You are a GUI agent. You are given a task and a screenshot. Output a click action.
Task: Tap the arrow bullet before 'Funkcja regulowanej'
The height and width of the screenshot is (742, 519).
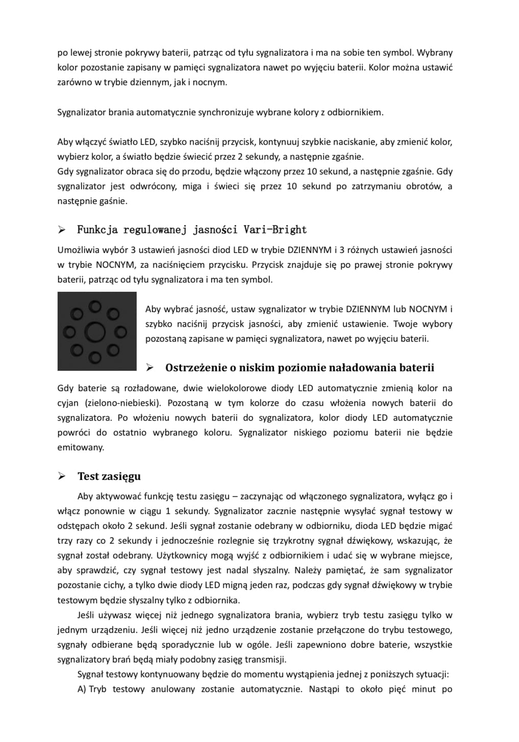[x=62, y=230]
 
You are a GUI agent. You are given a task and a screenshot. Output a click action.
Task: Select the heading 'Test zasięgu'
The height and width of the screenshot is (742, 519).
[x=109, y=476]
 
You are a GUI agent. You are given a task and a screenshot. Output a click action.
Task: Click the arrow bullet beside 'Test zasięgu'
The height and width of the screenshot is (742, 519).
[x=62, y=476]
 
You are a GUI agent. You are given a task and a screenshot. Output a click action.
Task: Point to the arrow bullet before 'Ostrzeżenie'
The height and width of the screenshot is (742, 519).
[x=150, y=368]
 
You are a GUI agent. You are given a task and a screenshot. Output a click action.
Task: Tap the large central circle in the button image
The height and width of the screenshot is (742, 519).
[x=94, y=332]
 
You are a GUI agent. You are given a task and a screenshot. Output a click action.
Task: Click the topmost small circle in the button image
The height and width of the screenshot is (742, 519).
[x=95, y=306]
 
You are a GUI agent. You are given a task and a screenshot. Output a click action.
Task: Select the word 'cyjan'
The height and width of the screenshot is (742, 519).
[x=68, y=403]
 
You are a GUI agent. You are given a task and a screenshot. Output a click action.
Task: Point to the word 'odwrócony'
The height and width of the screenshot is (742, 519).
[x=155, y=186]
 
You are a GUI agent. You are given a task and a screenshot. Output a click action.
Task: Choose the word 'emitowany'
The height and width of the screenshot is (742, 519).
[x=80, y=447]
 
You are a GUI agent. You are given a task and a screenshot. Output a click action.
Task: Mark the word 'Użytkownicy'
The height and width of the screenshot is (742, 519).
[x=182, y=555]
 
